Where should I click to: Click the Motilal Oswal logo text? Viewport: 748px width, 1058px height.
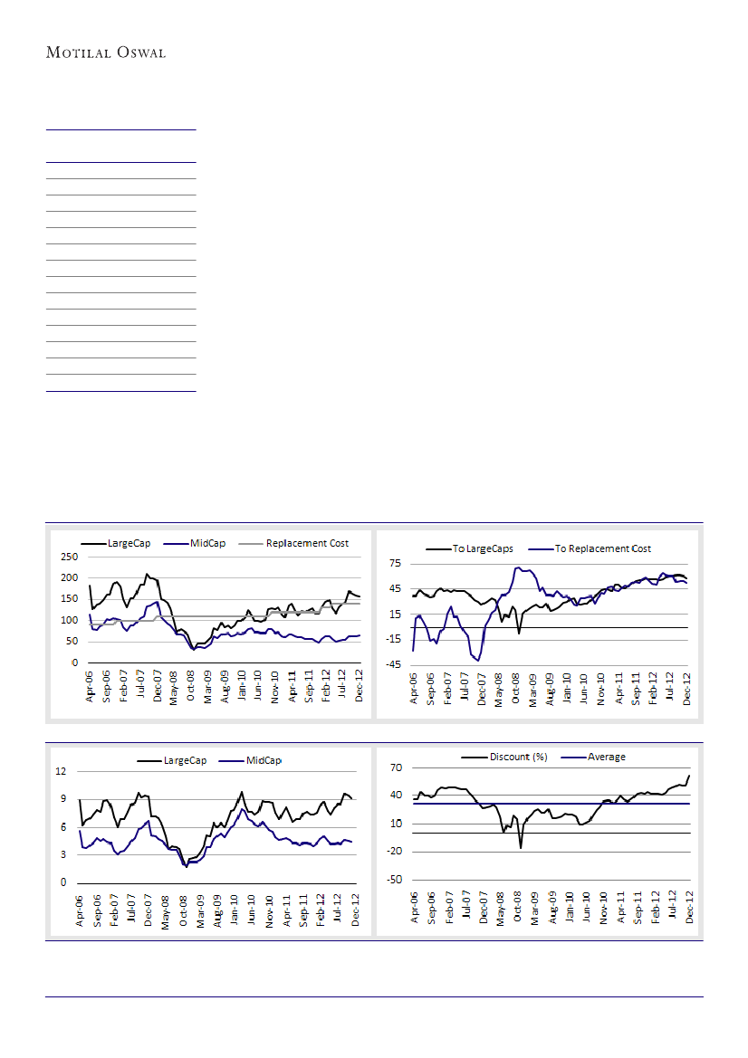[x=106, y=52]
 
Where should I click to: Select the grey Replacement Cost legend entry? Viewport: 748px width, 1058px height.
[x=306, y=543]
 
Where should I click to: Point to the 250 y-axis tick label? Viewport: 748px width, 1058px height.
[x=69, y=557]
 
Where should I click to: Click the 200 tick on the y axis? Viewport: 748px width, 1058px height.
[x=69, y=577]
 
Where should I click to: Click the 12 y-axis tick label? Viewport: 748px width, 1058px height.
[x=62, y=771]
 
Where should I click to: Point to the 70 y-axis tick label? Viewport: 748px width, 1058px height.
[x=397, y=767]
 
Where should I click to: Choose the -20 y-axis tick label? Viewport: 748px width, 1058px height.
[x=396, y=852]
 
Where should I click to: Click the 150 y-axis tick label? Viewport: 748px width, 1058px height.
[x=69, y=599]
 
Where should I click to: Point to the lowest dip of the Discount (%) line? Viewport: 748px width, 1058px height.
[x=521, y=848]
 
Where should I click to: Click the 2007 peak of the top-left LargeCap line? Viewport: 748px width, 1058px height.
[x=147, y=574]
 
